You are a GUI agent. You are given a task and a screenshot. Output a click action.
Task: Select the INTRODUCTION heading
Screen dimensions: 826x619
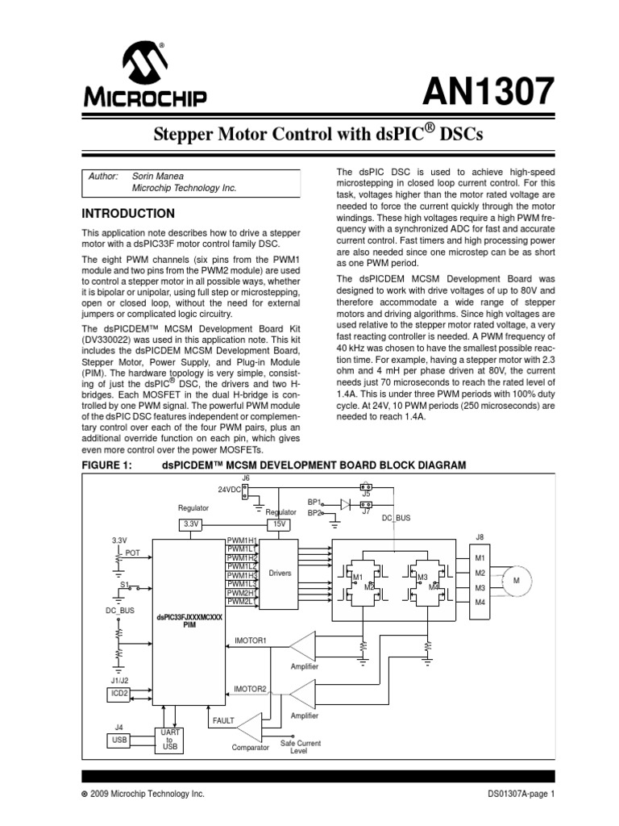coord(129,214)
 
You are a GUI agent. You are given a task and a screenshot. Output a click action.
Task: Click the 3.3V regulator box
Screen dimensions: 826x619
coord(190,524)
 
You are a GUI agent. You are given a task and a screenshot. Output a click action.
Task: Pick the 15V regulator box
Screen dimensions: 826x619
coord(281,524)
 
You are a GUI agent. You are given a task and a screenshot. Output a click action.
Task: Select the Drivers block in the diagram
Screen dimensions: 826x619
coord(280,574)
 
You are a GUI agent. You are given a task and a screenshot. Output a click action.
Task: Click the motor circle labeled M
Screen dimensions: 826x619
coord(517,580)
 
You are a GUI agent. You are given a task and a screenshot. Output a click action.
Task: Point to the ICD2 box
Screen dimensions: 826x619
coord(118,693)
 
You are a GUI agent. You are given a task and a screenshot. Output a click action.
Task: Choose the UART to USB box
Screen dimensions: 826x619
coord(170,739)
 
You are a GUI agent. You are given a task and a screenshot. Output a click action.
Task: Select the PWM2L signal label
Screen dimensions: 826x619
coord(240,602)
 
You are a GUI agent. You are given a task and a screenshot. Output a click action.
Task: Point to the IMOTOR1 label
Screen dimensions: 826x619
coord(250,641)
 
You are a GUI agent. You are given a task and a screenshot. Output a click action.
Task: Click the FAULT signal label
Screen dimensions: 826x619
coord(222,720)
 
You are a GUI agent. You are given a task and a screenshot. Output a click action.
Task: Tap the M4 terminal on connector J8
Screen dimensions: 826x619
coord(480,603)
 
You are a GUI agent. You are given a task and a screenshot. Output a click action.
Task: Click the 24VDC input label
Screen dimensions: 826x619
coord(229,489)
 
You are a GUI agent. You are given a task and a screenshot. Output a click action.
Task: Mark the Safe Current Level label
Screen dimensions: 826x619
coord(300,747)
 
